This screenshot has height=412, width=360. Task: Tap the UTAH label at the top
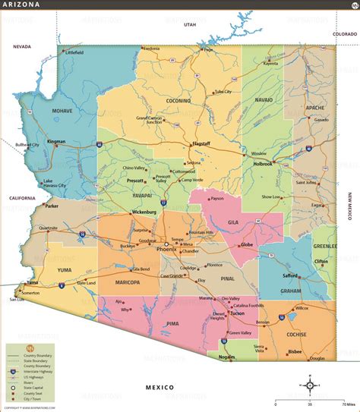[x=190, y=24]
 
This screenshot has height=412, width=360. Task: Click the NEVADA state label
[x=21, y=46]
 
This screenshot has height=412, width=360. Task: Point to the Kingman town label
[x=58, y=142]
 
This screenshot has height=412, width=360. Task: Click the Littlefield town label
[x=74, y=52]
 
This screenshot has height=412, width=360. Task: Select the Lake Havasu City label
[x=55, y=183]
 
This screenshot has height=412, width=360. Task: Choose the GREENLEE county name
[x=325, y=246]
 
